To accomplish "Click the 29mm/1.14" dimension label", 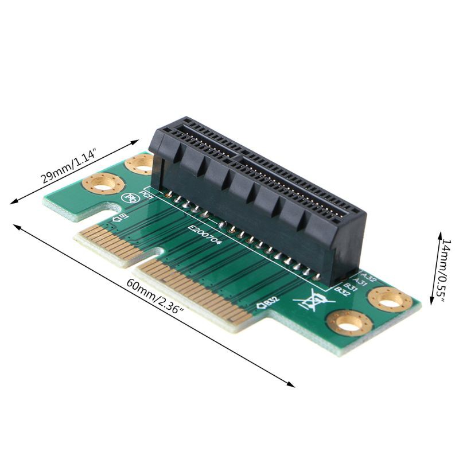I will coord(68,167).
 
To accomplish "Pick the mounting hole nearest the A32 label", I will coord(390,299).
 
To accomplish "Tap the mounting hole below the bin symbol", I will coord(347,322).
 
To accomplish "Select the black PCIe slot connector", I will coord(258,195).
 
